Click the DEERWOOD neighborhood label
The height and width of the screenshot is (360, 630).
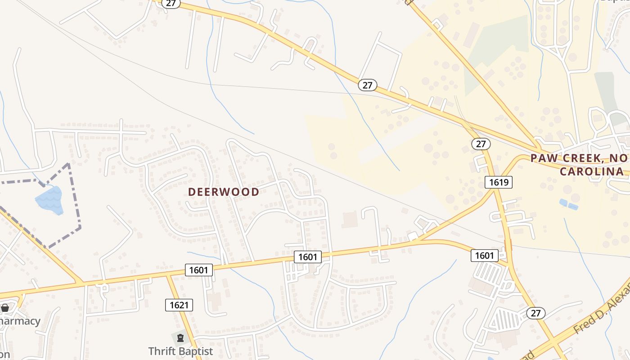(224, 192)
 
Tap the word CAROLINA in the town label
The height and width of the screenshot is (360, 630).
(592, 171)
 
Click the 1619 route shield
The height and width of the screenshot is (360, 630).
(499, 182)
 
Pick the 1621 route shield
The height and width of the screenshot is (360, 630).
(179, 305)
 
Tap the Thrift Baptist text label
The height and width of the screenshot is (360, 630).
(180, 351)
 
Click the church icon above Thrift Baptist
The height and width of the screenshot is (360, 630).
(180, 337)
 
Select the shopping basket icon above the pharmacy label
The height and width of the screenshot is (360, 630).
(5, 308)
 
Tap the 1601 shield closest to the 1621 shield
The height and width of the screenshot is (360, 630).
(198, 270)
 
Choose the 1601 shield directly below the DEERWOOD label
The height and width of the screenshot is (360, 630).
(308, 257)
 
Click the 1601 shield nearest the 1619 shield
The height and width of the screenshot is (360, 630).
(485, 256)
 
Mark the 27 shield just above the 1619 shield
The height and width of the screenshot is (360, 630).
(481, 144)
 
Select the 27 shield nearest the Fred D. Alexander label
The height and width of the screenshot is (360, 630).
(536, 313)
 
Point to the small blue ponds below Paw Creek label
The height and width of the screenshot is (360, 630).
(568, 204)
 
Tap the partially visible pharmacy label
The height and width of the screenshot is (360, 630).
(20, 321)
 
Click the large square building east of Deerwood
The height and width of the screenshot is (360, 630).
(350, 220)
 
